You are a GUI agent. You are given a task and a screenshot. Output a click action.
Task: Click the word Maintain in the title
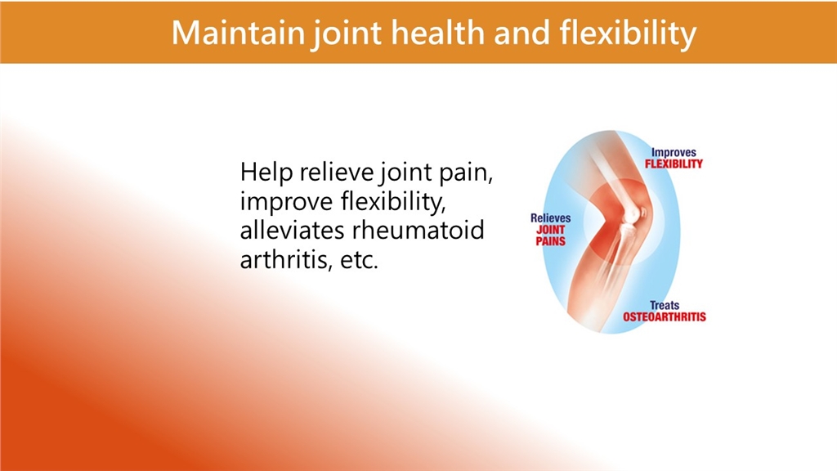(x=238, y=33)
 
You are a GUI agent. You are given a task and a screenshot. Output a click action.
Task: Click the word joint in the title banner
(x=347, y=34)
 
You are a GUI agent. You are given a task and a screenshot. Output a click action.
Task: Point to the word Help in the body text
(x=266, y=172)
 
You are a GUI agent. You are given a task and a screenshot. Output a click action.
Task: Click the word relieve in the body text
(x=336, y=172)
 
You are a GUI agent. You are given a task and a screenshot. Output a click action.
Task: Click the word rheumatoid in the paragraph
(x=418, y=231)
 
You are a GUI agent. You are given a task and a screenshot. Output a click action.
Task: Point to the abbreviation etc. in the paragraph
(x=360, y=261)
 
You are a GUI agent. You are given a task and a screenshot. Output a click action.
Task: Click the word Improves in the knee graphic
(x=674, y=153)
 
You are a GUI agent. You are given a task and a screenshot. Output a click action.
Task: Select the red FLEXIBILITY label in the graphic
(x=674, y=164)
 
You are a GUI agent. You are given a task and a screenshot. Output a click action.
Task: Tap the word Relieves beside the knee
(x=550, y=218)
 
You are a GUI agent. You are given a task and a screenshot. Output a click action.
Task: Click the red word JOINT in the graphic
(x=550, y=230)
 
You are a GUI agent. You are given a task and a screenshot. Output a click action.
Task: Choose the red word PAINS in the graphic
(x=550, y=241)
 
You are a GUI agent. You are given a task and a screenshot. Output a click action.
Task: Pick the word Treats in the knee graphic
(x=665, y=306)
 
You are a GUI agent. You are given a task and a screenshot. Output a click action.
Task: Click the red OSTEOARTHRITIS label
(x=665, y=317)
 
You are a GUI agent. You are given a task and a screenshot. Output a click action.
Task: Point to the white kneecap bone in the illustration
(x=632, y=213)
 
